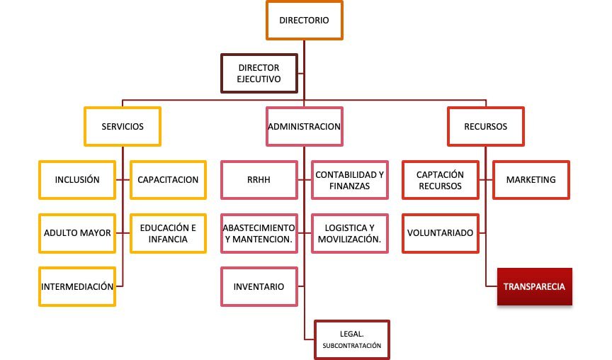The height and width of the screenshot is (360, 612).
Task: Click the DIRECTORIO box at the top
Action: coord(304,21)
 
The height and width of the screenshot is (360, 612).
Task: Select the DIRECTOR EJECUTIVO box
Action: coord(259,73)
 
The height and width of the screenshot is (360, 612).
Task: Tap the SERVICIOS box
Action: coord(123,127)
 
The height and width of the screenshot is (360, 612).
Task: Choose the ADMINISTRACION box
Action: coord(305,127)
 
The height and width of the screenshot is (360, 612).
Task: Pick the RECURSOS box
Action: coord(485,127)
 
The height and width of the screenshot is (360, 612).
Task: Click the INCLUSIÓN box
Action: coord(77,179)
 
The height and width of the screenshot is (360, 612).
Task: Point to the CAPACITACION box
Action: coord(168,179)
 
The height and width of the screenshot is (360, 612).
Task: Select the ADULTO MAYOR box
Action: coord(77,232)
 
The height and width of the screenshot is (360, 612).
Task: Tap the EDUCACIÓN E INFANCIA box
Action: coord(168,232)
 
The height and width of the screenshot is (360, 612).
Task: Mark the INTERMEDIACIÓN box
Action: coord(77,286)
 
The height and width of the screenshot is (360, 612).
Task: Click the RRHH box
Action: coord(259,179)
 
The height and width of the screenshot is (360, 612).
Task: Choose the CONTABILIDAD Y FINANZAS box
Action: coord(350,179)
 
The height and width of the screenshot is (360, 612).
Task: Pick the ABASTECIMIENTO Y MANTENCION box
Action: coord(259,232)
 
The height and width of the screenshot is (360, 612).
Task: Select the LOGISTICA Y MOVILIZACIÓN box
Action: coord(350,232)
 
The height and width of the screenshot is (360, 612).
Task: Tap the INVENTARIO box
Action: coord(259,286)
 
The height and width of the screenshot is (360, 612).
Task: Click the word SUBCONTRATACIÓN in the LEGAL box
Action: coord(352,346)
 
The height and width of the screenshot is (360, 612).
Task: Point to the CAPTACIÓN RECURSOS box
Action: coord(440,179)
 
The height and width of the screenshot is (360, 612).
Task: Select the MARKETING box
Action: coord(531,179)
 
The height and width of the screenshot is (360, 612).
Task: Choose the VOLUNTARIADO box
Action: coord(440,232)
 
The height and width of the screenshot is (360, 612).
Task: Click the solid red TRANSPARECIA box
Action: coord(534,286)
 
